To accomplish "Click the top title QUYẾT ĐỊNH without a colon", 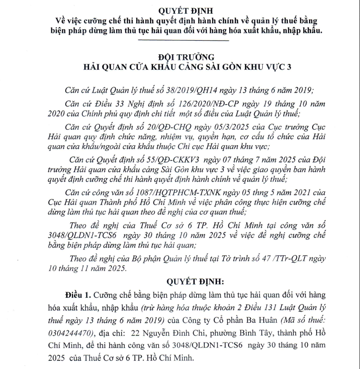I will pos(185,10).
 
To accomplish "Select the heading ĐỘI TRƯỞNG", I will pos(185,57).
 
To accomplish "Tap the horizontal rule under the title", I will pos(184,40).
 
